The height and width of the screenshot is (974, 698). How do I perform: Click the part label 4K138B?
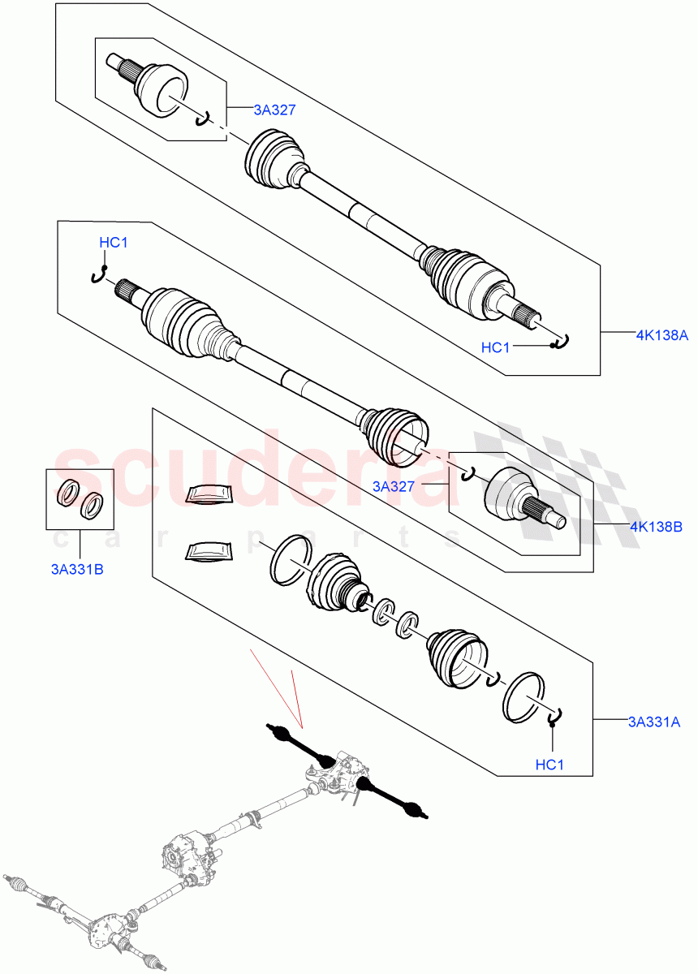tap(655, 527)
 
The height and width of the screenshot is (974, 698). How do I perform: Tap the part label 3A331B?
tap(75, 569)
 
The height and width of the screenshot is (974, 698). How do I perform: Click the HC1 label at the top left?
tap(113, 242)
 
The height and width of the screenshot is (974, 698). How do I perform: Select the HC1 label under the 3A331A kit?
tap(550, 765)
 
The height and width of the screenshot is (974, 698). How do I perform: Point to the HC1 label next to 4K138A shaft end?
tap(496, 347)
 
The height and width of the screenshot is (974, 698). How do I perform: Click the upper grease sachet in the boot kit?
tap(209, 493)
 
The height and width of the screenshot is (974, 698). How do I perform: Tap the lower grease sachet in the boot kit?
tap(209, 552)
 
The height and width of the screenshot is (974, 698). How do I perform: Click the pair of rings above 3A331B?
tap(80, 498)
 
